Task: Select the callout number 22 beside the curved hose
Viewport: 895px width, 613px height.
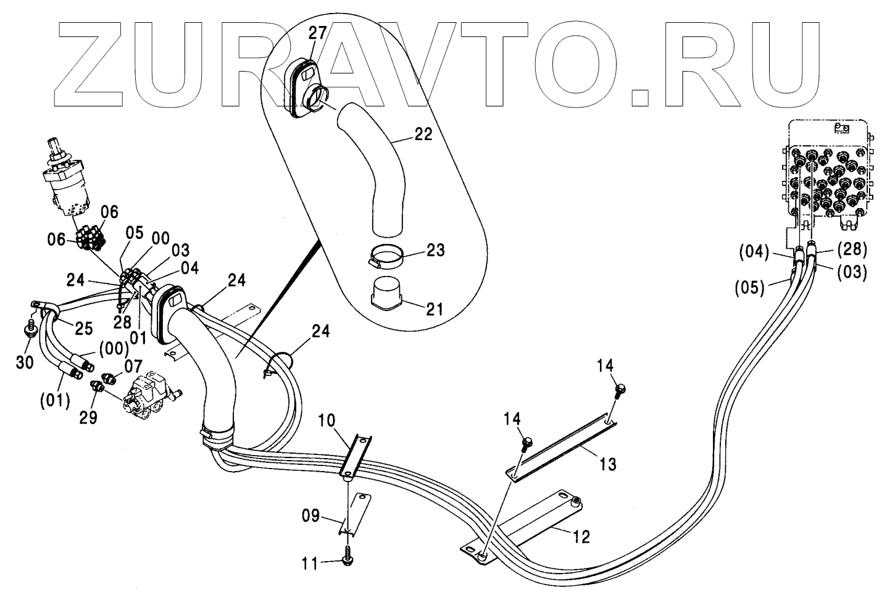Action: click(423, 134)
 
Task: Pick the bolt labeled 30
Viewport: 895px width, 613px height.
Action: click(29, 330)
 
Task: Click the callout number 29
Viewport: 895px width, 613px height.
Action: click(88, 417)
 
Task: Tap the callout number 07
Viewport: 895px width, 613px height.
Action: click(133, 366)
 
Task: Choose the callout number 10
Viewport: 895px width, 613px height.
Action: click(328, 422)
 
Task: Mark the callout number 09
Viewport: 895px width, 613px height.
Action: click(315, 515)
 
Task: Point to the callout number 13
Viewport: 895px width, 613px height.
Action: click(608, 463)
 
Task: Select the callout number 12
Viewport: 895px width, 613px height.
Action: click(581, 536)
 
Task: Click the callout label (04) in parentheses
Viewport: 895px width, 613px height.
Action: click(754, 252)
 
